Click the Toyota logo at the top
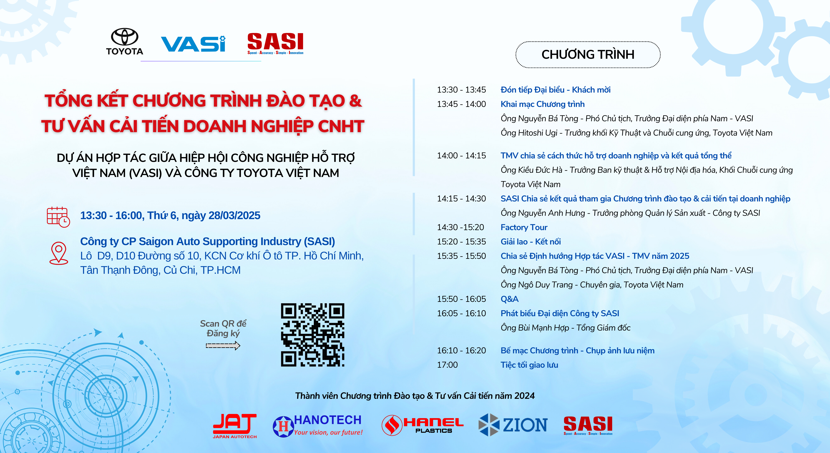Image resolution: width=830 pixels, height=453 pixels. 125,42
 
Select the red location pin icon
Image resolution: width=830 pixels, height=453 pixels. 59,253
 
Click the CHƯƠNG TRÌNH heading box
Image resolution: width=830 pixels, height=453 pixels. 588,55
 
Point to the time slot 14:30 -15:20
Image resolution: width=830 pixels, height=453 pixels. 460,227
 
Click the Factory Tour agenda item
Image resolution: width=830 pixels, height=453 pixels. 524,227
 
